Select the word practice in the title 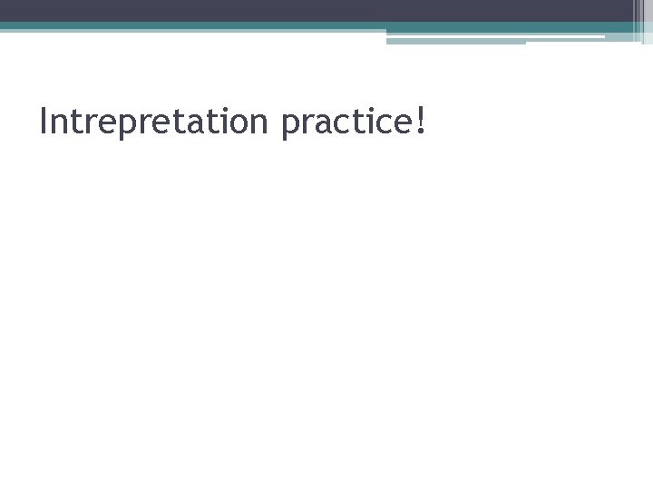click(x=344, y=122)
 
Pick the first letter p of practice click(x=290, y=125)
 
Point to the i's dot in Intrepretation click(x=225, y=108)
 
